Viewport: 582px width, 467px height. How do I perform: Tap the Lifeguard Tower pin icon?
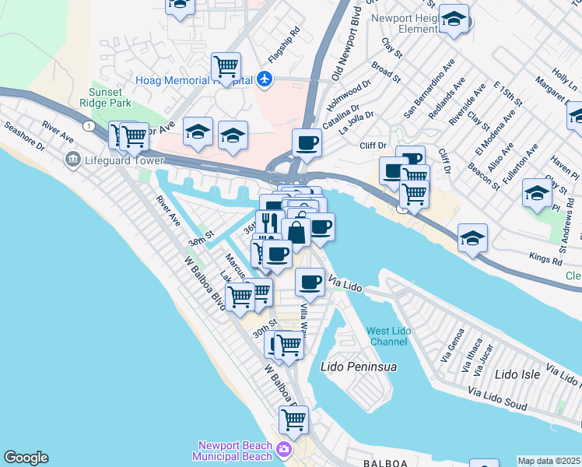[x=73, y=160]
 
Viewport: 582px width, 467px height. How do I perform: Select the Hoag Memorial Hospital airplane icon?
[x=265, y=79]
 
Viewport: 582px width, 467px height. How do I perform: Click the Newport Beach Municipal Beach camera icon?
[x=284, y=450]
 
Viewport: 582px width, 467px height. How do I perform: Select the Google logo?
[x=26, y=458]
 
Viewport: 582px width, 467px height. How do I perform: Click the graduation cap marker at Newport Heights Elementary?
[x=453, y=19]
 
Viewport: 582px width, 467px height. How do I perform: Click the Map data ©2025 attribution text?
[x=549, y=461]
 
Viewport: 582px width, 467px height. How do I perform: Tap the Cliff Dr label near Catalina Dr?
[x=373, y=145]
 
